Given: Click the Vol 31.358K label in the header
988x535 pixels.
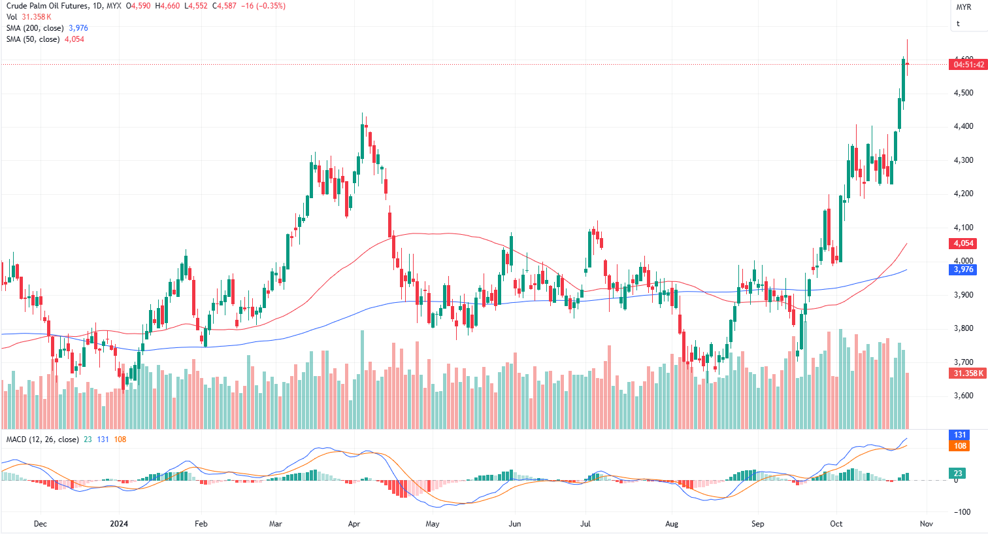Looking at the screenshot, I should pyautogui.click(x=29, y=17).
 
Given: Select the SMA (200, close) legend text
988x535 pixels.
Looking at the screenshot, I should pyautogui.click(x=35, y=28).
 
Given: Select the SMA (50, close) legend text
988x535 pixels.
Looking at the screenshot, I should pyautogui.click(x=33, y=39).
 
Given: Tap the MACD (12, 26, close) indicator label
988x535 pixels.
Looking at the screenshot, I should pyautogui.click(x=42, y=440).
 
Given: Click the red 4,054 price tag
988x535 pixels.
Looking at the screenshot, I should pyautogui.click(x=963, y=243).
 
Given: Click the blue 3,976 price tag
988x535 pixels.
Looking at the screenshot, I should pyautogui.click(x=963, y=269).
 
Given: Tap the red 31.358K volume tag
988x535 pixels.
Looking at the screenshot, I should pyautogui.click(x=968, y=373).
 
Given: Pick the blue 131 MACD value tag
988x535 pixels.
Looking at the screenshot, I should pyautogui.click(x=960, y=435).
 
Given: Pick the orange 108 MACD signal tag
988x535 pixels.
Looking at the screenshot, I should pyautogui.click(x=960, y=446).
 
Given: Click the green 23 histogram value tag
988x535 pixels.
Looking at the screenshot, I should pyautogui.click(x=958, y=474).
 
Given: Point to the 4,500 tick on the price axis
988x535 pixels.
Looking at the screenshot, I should pyautogui.click(x=963, y=93).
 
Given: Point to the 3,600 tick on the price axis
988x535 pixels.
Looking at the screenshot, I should pyautogui.click(x=963, y=396).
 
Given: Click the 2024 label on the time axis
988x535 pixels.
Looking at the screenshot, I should pyautogui.click(x=119, y=524).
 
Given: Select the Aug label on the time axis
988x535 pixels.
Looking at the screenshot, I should pyautogui.click(x=672, y=524).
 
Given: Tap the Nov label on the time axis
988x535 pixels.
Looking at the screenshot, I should pyautogui.click(x=926, y=524).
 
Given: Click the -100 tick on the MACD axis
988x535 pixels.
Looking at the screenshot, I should pyautogui.click(x=962, y=512).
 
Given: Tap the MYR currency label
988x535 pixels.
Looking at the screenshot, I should pyautogui.click(x=964, y=7).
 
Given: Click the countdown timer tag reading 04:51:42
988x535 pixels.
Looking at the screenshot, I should pyautogui.click(x=968, y=65).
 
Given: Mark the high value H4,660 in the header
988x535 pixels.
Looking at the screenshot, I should pyautogui.click(x=167, y=6).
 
